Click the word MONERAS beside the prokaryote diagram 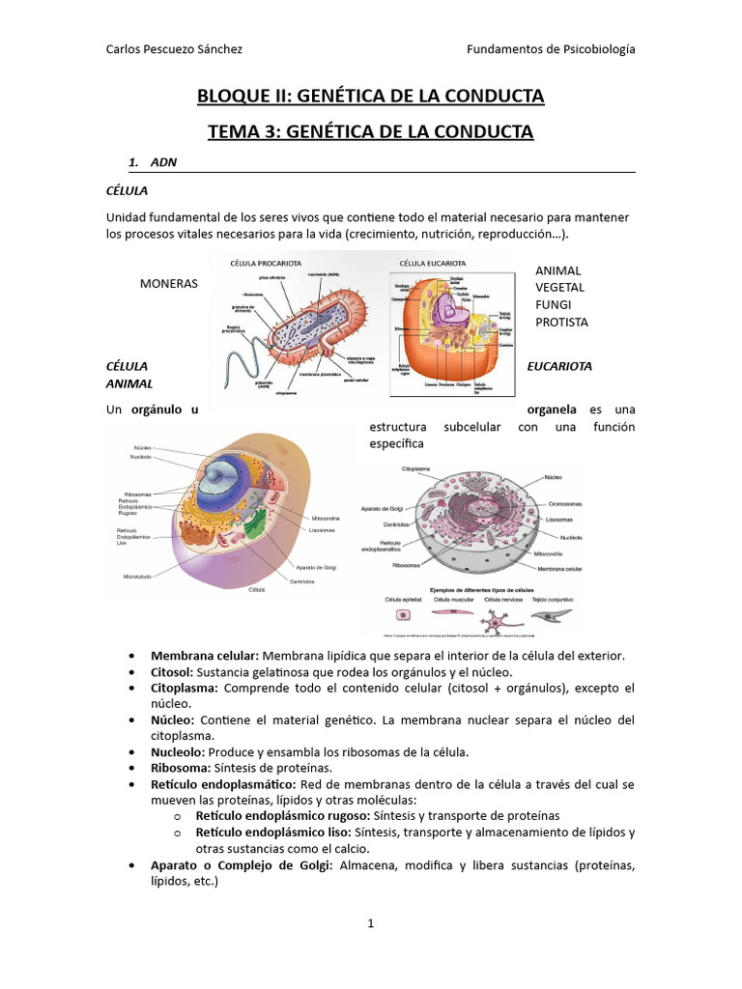pos(168,284)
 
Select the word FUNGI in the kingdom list pos(553,304)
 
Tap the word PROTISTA pos(561,322)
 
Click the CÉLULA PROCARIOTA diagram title pos(266,263)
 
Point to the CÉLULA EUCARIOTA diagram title pos(432,263)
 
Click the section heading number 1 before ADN pos(134,162)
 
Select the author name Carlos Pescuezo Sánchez pos(174,49)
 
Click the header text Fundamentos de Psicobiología pos(551,49)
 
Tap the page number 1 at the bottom pos(370,923)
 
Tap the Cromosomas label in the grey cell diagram pos(563,504)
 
